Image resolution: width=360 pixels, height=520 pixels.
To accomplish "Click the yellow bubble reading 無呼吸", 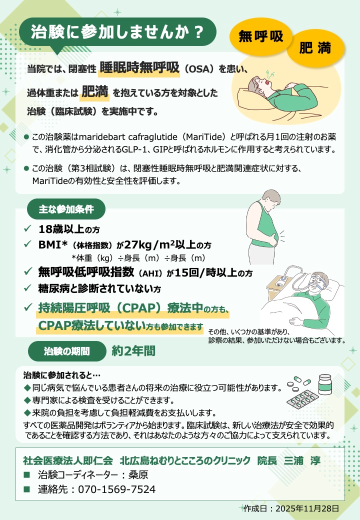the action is pos(261,36).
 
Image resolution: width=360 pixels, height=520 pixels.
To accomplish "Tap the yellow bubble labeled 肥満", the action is pos(315,48).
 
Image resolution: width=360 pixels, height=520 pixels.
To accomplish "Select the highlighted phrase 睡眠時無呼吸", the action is pos(139,68).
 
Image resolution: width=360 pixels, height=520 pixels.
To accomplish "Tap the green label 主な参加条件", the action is pos(66,209).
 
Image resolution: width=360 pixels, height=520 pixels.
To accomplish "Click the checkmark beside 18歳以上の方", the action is pos(27,228).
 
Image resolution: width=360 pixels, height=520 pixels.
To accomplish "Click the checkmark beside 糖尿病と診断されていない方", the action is pos(27,287).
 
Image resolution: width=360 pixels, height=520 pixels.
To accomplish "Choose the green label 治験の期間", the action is pos(66,351).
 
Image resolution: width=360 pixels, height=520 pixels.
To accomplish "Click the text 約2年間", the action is pos(133,351).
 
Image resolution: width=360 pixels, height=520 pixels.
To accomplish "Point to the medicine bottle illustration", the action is pos(325,384).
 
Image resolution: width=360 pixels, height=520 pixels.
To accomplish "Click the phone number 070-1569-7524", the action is pos(116,489).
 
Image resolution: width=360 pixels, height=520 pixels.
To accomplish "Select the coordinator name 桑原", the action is pos(138,475).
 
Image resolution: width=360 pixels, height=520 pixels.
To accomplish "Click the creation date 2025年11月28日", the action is pos(307,508).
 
